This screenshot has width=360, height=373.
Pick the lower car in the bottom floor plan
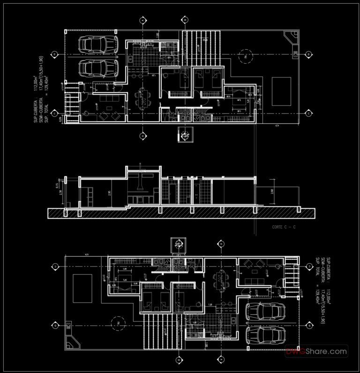tap(265, 335)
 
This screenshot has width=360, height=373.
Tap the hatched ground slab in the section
tap(180, 213)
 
